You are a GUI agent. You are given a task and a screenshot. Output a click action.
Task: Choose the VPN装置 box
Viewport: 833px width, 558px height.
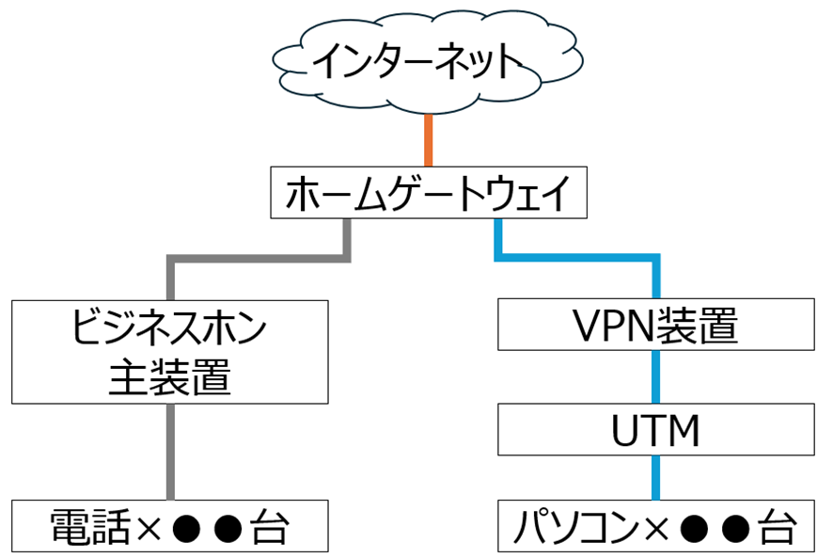click(x=655, y=326)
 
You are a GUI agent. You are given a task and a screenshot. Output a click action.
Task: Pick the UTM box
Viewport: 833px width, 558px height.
click(x=655, y=432)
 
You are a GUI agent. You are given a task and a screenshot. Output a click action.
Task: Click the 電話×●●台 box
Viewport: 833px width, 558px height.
click(x=170, y=526)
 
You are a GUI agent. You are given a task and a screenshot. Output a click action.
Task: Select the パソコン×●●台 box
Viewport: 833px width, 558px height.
click(x=655, y=526)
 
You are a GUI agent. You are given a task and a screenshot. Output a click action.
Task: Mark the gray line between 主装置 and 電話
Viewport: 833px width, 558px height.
click(x=170, y=452)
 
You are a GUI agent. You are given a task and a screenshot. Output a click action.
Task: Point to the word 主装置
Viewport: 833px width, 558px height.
click(x=170, y=377)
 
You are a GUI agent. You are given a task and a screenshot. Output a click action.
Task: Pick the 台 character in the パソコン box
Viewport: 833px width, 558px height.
click(x=773, y=527)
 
